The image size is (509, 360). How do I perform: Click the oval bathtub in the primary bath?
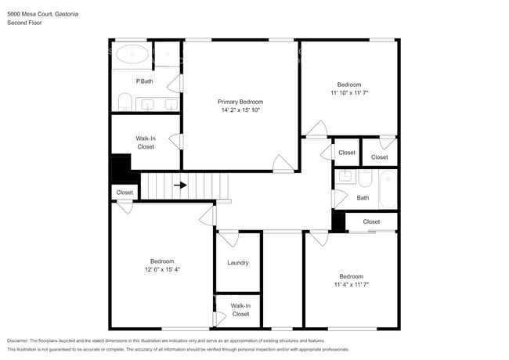click(x=132, y=54)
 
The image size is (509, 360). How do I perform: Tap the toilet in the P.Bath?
click(x=125, y=102)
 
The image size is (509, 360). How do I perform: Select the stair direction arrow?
click(x=180, y=185)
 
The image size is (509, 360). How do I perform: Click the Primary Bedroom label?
click(x=240, y=102)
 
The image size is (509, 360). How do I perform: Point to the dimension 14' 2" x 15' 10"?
click(x=240, y=110)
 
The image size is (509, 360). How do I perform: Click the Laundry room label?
click(x=238, y=263)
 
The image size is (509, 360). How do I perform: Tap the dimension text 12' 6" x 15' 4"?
click(x=162, y=269)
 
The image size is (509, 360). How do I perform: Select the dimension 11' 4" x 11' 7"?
click(x=352, y=284)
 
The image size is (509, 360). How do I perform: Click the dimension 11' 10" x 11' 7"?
click(x=349, y=93)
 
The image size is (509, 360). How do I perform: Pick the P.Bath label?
click(x=144, y=81)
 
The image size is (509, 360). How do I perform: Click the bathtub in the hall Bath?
click(x=388, y=189)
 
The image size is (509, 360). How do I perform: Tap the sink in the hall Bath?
click(x=344, y=177)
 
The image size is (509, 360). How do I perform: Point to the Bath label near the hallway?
click(x=363, y=198)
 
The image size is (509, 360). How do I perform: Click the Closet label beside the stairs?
click(x=125, y=193)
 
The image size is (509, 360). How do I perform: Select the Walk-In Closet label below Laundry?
click(x=240, y=310)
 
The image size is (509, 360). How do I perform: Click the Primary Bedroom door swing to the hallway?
click(x=283, y=164)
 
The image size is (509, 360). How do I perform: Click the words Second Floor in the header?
click(x=25, y=23)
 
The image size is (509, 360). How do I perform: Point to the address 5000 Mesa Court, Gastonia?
click(x=42, y=14)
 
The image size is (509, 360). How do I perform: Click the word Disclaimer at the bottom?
click(x=18, y=341)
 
